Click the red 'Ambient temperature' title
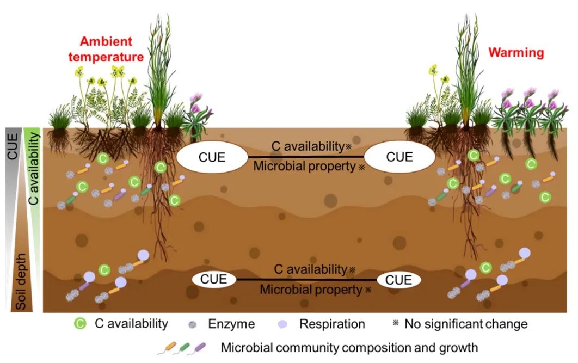[112, 49]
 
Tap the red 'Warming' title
[516, 53]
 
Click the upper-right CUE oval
[399, 158]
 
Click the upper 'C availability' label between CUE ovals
[308, 146]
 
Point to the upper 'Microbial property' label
[305, 167]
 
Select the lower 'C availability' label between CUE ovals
[310, 269]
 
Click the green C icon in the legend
[80, 324]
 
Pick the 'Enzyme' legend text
[231, 324]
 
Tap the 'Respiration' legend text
[332, 324]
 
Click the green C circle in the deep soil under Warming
[486, 267]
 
